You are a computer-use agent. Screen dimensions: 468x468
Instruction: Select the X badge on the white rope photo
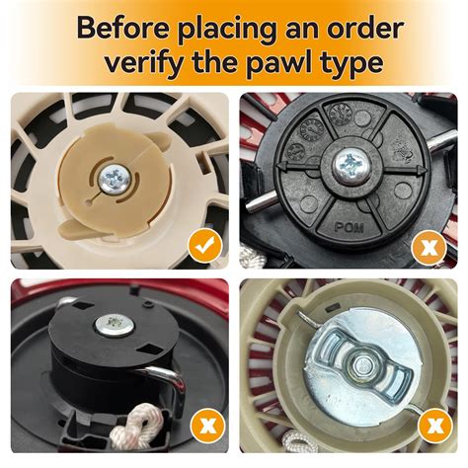[206, 429]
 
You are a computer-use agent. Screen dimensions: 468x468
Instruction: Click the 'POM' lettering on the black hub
[350, 227]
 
